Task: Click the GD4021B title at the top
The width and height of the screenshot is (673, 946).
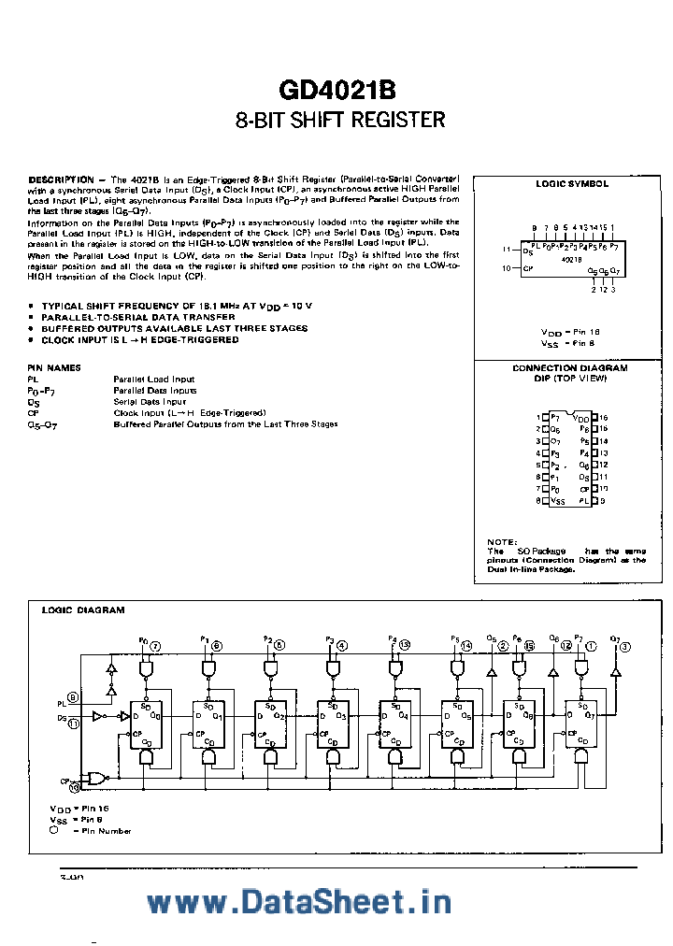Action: pyautogui.click(x=336, y=91)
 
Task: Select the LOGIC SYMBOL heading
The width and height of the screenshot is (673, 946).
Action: pyautogui.click(x=571, y=184)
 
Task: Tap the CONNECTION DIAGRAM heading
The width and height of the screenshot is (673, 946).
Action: pyautogui.click(x=569, y=368)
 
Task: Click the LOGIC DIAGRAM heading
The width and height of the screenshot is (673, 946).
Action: pyautogui.click(x=83, y=609)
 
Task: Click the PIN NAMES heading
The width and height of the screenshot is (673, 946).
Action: pyautogui.click(x=54, y=367)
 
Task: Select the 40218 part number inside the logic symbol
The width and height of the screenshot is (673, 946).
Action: pyautogui.click(x=572, y=258)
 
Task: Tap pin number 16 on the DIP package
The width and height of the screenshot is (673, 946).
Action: pyautogui.click(x=603, y=417)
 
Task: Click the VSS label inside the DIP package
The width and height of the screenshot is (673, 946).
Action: pyautogui.click(x=558, y=501)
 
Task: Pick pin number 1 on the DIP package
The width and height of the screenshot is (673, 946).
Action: pyautogui.click(x=537, y=417)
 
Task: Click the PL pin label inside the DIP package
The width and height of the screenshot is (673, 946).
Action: pyautogui.click(x=584, y=501)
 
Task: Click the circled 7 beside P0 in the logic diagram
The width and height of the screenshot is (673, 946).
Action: pyautogui.click(x=155, y=646)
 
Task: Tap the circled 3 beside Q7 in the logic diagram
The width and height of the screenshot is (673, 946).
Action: pyautogui.click(x=624, y=646)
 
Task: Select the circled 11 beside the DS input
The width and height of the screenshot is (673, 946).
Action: pyautogui.click(x=73, y=722)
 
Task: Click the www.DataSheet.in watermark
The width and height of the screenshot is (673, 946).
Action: pyautogui.click(x=299, y=901)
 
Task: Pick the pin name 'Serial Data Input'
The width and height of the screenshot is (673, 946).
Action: pyautogui.click(x=150, y=401)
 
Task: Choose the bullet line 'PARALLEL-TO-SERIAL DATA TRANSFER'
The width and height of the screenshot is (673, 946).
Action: pyautogui.click(x=129, y=318)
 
